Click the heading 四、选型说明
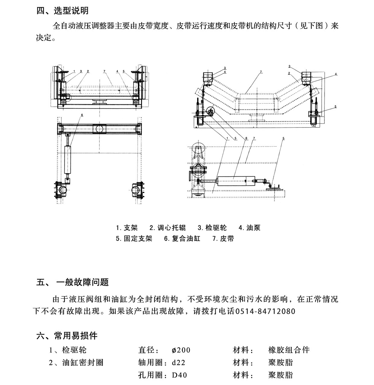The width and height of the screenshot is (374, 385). click(x=62, y=11)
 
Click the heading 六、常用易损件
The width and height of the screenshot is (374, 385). click(x=67, y=336)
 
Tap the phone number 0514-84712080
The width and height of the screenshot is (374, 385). click(x=265, y=311)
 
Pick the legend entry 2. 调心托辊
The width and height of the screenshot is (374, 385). click(x=167, y=228)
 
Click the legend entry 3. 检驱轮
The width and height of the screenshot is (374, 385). click(x=212, y=228)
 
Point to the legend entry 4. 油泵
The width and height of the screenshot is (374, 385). click(x=249, y=228)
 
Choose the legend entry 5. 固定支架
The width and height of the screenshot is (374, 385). click(x=134, y=239)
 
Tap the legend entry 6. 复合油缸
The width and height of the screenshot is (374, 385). click(x=182, y=239)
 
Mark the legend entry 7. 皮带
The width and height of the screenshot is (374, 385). click(x=223, y=239)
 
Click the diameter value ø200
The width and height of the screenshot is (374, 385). click(x=181, y=350)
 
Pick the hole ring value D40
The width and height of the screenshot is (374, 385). click(x=180, y=375)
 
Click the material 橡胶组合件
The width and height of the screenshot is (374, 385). click(x=289, y=350)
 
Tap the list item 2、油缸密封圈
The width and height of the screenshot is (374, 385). click(x=76, y=363)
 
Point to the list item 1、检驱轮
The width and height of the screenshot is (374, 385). click(x=68, y=350)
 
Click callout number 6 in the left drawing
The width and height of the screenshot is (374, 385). click(x=82, y=115)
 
